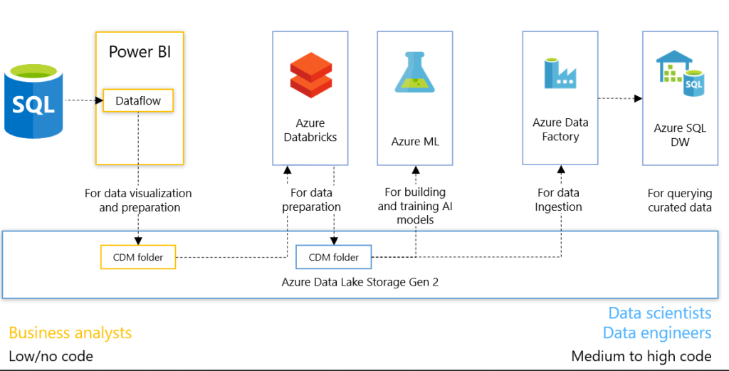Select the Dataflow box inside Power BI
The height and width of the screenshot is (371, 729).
point(138,100)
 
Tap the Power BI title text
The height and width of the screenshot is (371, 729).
point(140,52)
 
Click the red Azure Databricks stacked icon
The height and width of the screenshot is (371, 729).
point(310,75)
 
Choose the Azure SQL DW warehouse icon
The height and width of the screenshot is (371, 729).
point(680,74)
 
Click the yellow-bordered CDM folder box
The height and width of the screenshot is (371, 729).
point(137,257)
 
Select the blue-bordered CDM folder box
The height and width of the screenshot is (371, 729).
point(333,257)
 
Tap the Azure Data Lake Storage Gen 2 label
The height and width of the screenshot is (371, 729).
point(360,281)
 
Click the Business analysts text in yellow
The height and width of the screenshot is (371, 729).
point(70,333)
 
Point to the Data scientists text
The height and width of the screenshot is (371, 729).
point(659,313)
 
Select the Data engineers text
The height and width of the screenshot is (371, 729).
point(656,333)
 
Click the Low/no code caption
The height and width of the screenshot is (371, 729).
point(51,356)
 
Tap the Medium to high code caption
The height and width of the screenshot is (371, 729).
point(641,356)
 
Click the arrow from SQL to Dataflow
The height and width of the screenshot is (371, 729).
point(83,100)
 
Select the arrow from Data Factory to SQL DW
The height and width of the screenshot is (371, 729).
point(619,98)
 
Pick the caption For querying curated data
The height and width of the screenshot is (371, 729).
point(679,200)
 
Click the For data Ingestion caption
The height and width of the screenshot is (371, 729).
point(559,200)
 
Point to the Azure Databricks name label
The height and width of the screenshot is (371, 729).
point(310,130)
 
